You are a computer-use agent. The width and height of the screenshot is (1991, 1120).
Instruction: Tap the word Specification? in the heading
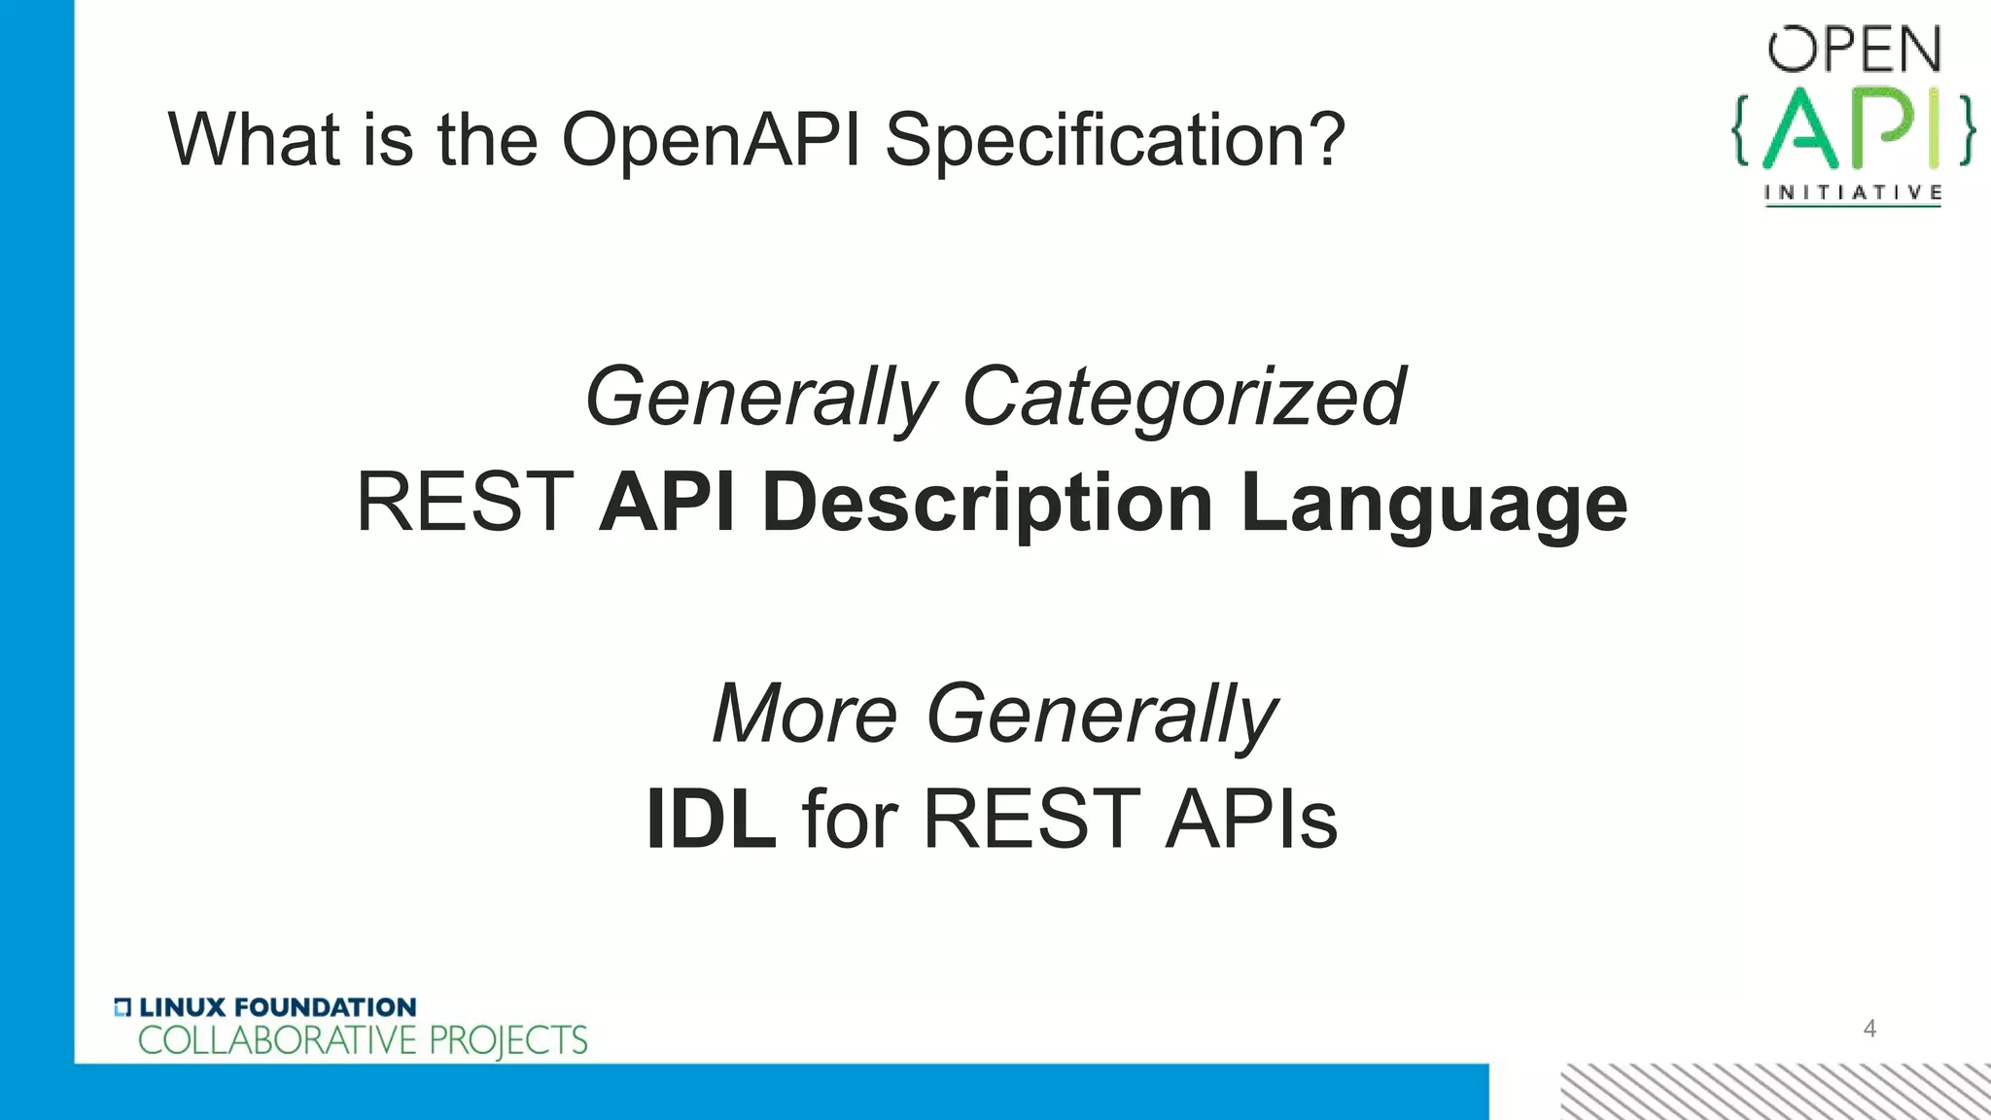pyautogui.click(x=1115, y=141)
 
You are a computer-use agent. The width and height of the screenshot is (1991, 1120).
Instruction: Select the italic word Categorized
pyautogui.click(x=1183, y=397)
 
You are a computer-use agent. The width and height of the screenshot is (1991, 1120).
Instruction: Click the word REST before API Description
pyautogui.click(x=465, y=503)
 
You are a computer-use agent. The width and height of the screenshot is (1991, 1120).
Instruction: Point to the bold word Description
pyautogui.click(x=988, y=503)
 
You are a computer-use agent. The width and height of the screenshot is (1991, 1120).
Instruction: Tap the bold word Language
pyautogui.click(x=1434, y=503)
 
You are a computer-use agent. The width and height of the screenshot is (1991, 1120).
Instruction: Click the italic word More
pyautogui.click(x=805, y=714)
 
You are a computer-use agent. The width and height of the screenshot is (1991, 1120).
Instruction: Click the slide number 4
pyautogui.click(x=1869, y=1029)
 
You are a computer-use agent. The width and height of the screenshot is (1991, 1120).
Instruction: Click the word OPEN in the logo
pyautogui.click(x=1854, y=51)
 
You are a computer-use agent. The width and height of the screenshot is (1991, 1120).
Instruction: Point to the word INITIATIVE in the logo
pyautogui.click(x=1853, y=192)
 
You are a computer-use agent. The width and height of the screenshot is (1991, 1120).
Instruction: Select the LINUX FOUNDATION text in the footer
pyautogui.click(x=277, y=1007)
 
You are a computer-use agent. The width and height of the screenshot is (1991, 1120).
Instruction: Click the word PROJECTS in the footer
pyautogui.click(x=508, y=1040)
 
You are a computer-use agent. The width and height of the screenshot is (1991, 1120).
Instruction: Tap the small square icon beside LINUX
pyautogui.click(x=122, y=1007)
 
